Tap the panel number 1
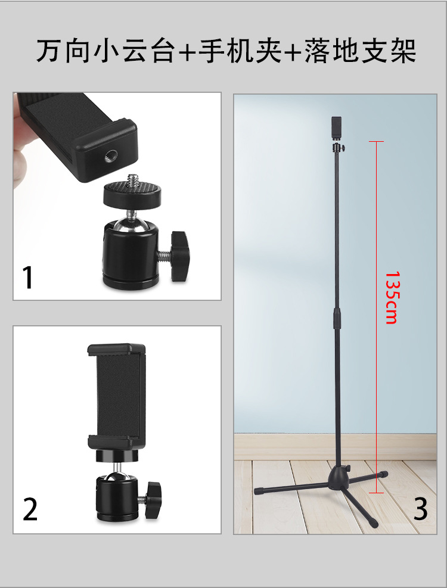28,278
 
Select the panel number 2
30,509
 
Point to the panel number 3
420,509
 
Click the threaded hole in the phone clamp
111,155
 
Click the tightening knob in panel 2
154,496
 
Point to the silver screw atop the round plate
133,181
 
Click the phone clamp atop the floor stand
337,128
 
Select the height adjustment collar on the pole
337,318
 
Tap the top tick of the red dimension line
377,141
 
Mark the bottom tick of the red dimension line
377,493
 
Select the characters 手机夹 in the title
240,51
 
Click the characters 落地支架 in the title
361,51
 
